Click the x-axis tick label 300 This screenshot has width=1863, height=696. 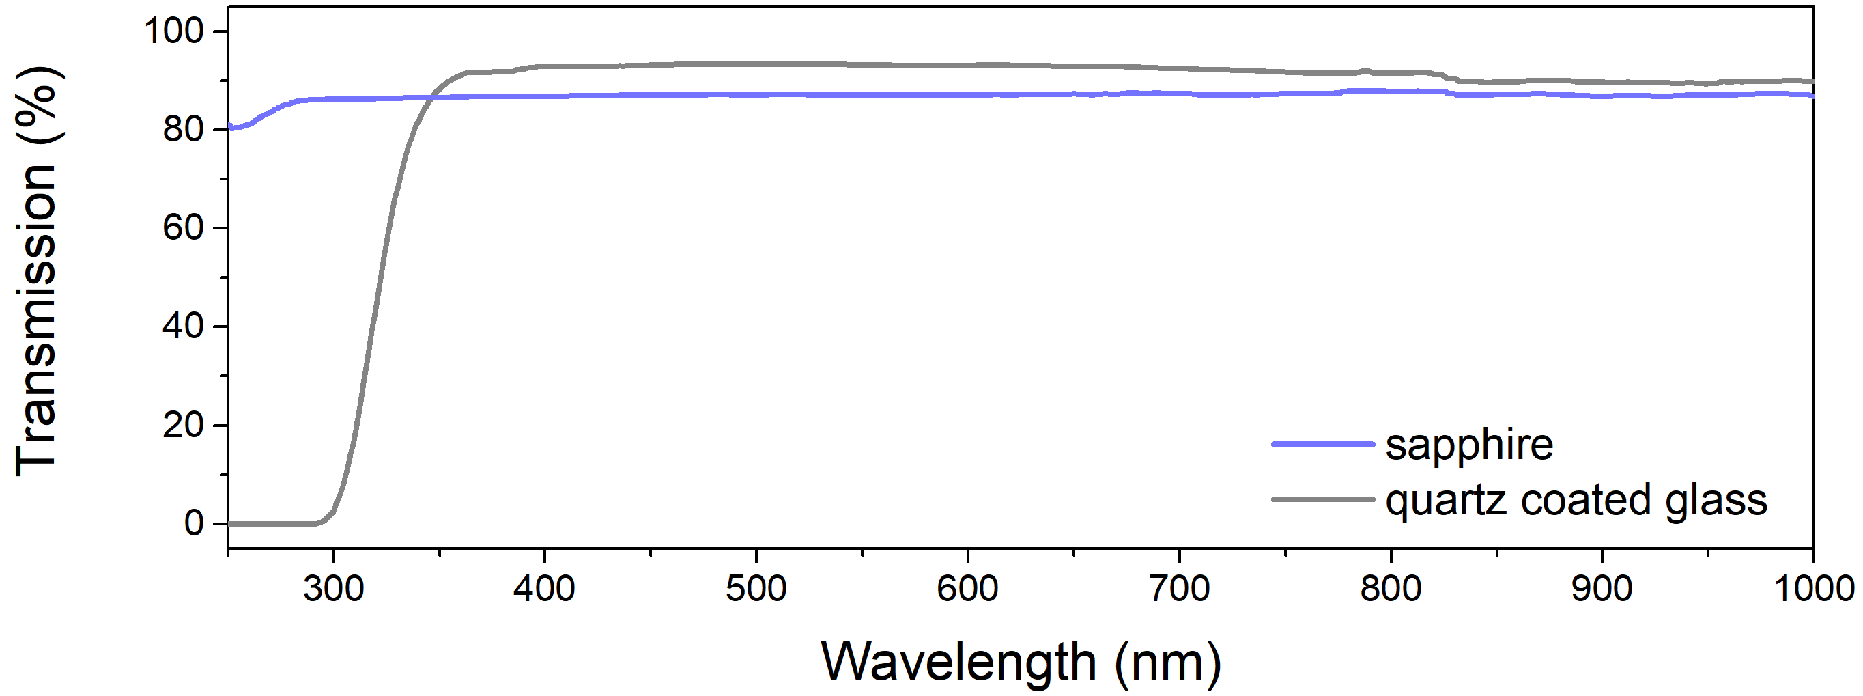pyautogui.click(x=333, y=589)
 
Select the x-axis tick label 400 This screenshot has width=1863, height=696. pyautogui.click(x=545, y=589)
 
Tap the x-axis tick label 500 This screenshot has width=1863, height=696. pyautogui.click(x=756, y=589)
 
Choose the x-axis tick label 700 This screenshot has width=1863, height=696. pyautogui.click(x=1180, y=589)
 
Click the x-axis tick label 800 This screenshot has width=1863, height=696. pyautogui.click(x=1391, y=589)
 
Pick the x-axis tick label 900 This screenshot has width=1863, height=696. pyautogui.click(x=1602, y=589)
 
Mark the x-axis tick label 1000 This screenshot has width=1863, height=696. pyautogui.click(x=1814, y=589)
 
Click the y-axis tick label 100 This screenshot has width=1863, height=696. pyautogui.click(x=175, y=31)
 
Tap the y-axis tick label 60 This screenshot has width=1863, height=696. pyautogui.click(x=184, y=228)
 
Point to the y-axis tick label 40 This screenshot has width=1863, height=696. pyautogui.click(x=184, y=326)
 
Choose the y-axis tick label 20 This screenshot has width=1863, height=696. pyautogui.click(x=184, y=425)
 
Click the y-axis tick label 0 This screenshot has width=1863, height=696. pyautogui.click(x=194, y=523)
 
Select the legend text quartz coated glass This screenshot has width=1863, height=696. pyautogui.click(x=1576, y=501)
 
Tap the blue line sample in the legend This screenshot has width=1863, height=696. pyautogui.click(x=1323, y=443)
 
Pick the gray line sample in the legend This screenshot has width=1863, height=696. pyautogui.click(x=1323, y=499)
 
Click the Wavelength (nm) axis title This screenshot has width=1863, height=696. pyautogui.click(x=1021, y=661)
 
